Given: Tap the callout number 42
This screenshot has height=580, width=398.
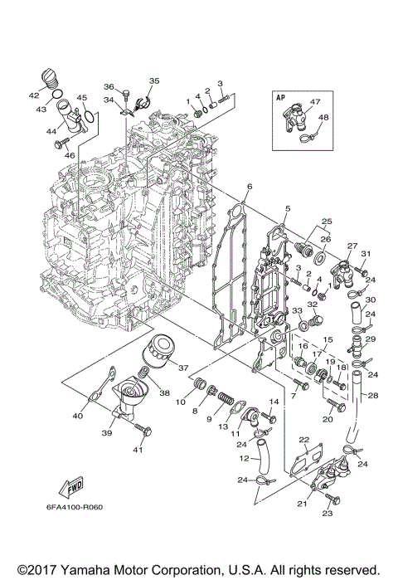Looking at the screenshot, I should pyautogui.click(x=35, y=95).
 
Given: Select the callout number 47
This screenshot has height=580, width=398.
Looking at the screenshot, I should pyautogui.click(x=314, y=102).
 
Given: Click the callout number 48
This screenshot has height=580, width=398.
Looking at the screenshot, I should pyautogui.click(x=323, y=117).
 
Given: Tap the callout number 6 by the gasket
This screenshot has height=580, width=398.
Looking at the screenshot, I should pyautogui.click(x=249, y=189).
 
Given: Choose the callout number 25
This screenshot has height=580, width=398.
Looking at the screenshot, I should pyautogui.click(x=327, y=222).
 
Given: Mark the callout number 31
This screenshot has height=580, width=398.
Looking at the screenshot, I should pyautogui.click(x=364, y=254).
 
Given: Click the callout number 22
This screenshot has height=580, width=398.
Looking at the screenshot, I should pyautogui.click(x=304, y=440).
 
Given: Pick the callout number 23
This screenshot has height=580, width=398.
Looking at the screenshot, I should pyautogui.click(x=327, y=514).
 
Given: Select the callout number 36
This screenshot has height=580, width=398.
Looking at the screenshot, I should pyautogui.click(x=108, y=86).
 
